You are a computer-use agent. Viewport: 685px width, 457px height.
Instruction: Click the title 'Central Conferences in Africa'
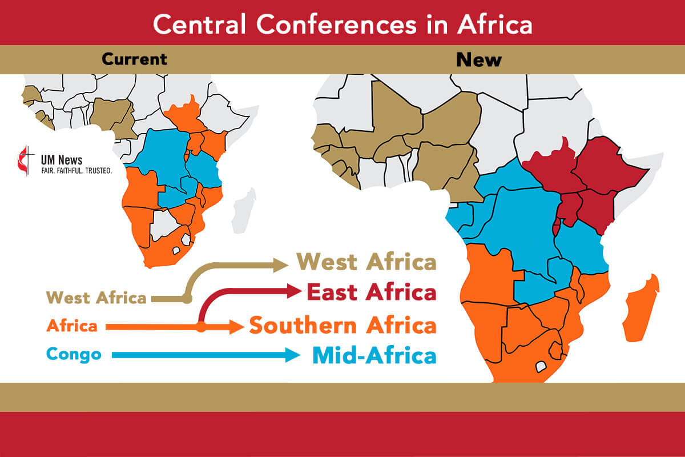coord(342,24)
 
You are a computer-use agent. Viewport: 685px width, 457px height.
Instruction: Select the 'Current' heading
coord(134,59)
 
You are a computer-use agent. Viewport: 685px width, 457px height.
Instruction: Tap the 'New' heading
coord(478,59)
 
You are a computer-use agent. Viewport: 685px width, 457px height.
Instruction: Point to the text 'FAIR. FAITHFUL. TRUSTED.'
coord(76,171)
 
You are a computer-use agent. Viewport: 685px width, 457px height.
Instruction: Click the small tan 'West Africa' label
coord(96,298)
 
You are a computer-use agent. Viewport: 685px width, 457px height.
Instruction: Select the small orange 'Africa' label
coord(72,326)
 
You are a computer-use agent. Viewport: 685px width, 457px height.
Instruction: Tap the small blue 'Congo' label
coord(74,354)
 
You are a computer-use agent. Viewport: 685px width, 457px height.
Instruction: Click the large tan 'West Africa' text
coord(366,262)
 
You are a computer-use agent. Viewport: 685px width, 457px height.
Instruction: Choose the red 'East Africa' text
coord(371,292)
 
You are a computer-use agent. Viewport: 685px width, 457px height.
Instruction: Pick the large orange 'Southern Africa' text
coord(342,326)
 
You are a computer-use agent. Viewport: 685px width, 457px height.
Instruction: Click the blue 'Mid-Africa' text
coord(374,355)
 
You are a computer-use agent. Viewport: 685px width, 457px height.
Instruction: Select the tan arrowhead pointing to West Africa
coord(281,264)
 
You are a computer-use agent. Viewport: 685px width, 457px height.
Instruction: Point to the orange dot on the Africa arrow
coord(201,327)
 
